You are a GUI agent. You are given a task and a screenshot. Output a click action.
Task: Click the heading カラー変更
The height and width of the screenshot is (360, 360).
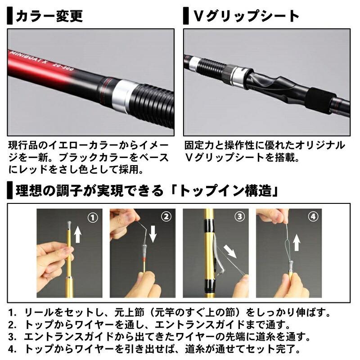click(x=49, y=17)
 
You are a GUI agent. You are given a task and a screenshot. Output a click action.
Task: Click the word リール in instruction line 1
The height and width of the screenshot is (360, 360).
click(x=36, y=311)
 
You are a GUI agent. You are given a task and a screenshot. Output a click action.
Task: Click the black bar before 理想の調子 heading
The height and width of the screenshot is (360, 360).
click(x=9, y=191)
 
